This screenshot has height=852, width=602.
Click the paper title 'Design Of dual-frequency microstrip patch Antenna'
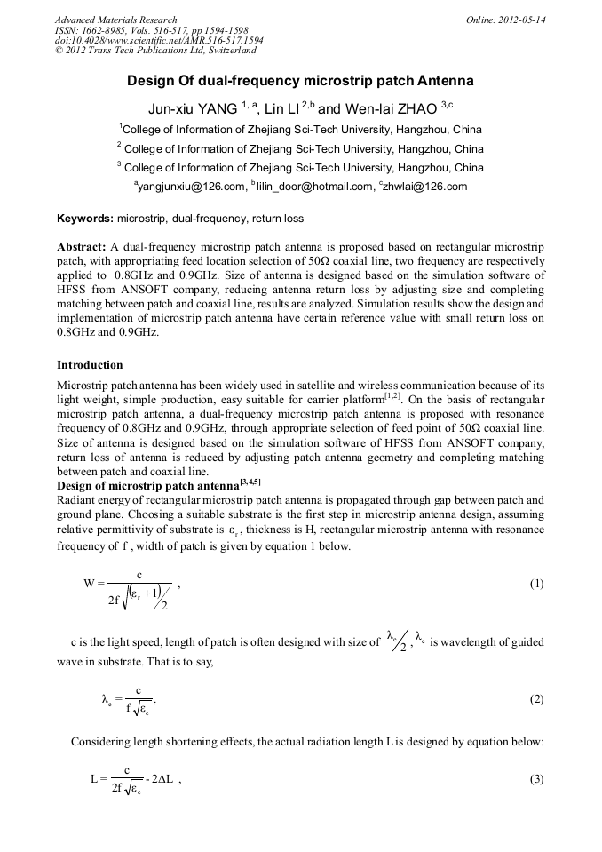click(300, 81)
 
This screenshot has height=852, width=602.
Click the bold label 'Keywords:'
click(85, 218)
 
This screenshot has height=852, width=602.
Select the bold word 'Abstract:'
click(82, 245)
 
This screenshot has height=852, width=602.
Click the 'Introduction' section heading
click(90, 365)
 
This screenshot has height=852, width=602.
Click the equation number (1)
click(536, 584)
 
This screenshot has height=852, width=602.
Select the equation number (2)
click(536, 698)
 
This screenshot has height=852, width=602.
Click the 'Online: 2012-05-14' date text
click(505, 20)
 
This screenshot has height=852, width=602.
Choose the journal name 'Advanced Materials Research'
click(115, 20)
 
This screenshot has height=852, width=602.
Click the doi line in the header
click(158, 41)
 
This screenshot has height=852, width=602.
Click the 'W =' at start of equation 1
click(95, 584)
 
